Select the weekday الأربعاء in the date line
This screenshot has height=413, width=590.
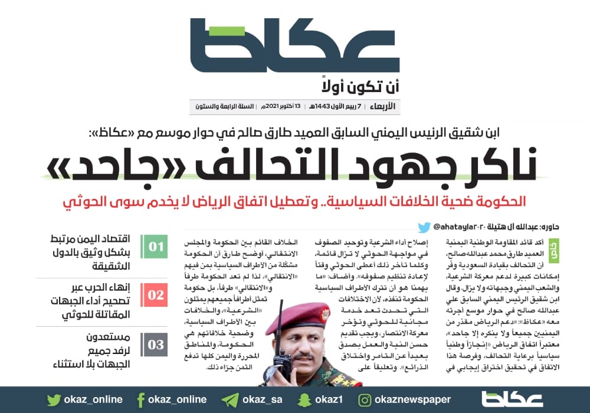click(x=384, y=107)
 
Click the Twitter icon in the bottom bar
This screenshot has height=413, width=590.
click(x=54, y=400)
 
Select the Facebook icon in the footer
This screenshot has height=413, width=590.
click(x=140, y=400)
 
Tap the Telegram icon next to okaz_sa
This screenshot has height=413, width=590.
click(x=230, y=400)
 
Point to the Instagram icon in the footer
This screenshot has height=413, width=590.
click(x=366, y=400)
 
